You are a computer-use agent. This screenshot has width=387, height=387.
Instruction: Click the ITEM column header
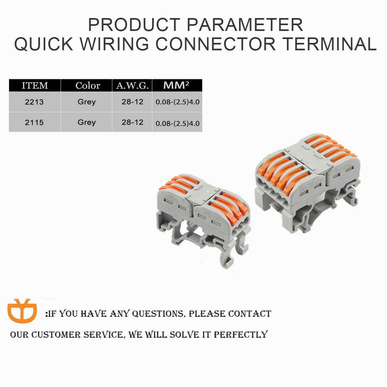point(35,86)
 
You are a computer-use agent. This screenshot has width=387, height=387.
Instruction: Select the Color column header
point(88,86)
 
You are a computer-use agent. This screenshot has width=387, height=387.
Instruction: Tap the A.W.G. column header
point(132,86)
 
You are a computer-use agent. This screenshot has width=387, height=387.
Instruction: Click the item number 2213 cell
point(34,102)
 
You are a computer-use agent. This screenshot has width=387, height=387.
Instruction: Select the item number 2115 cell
point(34,123)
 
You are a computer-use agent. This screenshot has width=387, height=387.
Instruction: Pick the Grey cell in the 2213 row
point(87,102)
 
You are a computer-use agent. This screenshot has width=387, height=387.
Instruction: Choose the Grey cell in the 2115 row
point(87,122)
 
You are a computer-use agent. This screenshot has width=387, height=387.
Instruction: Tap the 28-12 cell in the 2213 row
point(133,102)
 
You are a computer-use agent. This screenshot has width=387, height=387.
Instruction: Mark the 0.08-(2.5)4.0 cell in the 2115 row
point(177,123)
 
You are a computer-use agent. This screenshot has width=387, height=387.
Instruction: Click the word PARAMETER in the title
point(245,25)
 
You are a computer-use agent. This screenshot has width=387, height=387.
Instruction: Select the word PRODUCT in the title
point(134,25)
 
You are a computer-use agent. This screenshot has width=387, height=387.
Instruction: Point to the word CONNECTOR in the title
point(216,44)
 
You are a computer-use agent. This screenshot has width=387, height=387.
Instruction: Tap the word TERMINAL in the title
point(330,44)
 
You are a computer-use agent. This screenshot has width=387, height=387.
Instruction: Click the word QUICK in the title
point(44,44)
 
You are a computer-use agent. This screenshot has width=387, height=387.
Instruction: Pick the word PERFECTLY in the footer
point(241,334)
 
